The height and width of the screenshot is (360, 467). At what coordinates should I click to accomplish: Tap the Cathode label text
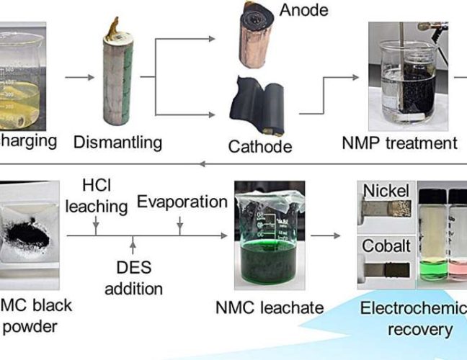(259, 147)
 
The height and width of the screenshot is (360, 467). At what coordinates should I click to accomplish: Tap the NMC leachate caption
(270, 307)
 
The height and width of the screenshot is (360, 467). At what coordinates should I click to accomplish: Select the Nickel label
(386, 192)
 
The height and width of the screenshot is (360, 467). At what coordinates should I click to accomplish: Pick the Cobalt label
(386, 246)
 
